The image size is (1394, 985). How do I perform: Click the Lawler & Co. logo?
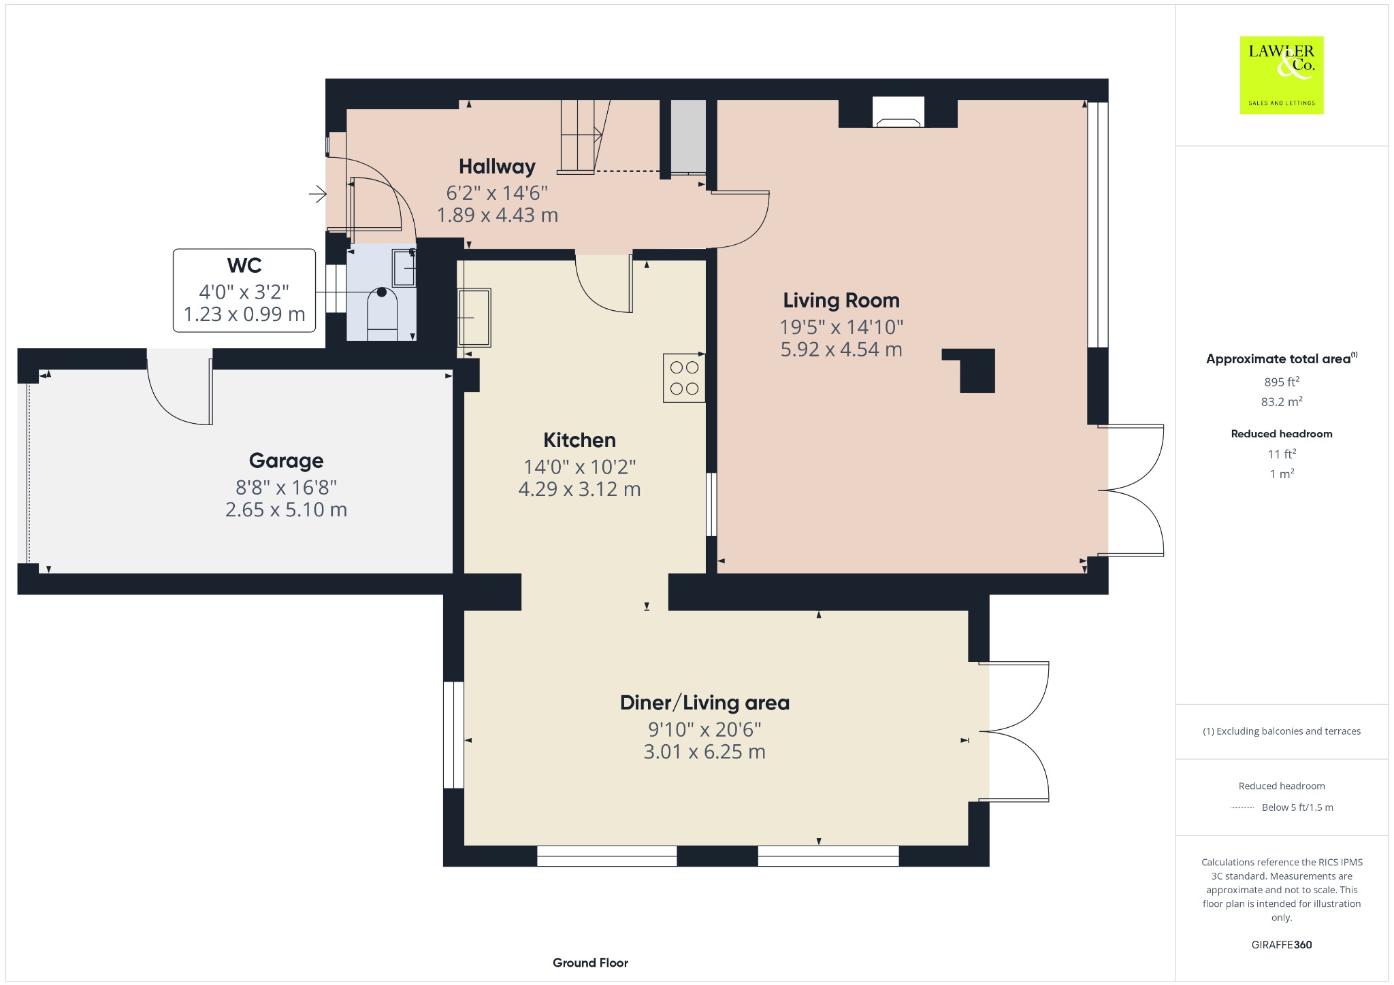click(1281, 75)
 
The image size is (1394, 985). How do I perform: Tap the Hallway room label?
click(497, 167)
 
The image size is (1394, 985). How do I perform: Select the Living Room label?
click(841, 300)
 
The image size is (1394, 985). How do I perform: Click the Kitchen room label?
click(579, 440)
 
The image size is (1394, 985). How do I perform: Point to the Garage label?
click(286, 461)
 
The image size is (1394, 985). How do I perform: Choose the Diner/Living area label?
click(704, 703)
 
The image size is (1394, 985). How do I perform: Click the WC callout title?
click(244, 265)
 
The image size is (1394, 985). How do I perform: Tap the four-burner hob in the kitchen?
click(684, 378)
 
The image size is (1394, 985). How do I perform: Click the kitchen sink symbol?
click(474, 318)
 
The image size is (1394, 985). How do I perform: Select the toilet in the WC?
click(382, 314)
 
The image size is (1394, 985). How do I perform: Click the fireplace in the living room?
click(898, 113)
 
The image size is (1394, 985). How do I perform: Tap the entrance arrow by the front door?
click(317, 195)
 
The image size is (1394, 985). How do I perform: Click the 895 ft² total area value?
click(1282, 381)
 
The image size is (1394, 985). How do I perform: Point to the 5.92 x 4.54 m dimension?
click(841, 350)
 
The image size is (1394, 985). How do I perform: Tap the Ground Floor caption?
click(590, 963)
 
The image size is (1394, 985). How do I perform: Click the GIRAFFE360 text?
click(1282, 945)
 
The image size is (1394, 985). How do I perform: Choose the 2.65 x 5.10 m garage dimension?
click(286, 510)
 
